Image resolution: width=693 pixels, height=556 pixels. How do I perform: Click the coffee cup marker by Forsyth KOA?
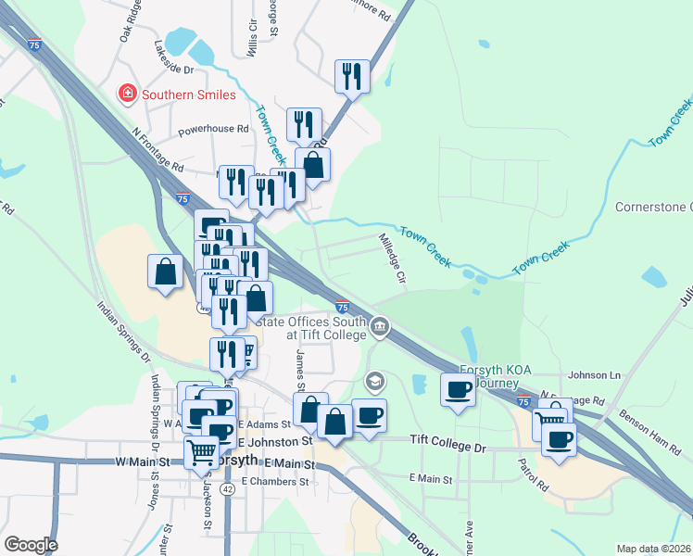pyautogui.click(x=457, y=390)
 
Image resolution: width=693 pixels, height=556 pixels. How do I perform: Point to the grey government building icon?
pyautogui.click(x=379, y=326)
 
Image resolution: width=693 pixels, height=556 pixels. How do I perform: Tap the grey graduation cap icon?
pyautogui.click(x=374, y=380)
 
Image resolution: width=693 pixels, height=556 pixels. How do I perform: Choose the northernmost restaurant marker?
pyautogui.click(x=352, y=76)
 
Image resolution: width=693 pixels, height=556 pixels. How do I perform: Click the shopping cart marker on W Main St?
pyautogui.click(x=201, y=453)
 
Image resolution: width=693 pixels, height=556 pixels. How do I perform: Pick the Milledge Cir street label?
pyautogui.click(x=393, y=257)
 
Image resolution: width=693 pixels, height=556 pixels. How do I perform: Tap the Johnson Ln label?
pyautogui.click(x=593, y=375)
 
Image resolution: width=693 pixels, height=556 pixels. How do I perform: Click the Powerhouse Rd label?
pyautogui.click(x=214, y=130)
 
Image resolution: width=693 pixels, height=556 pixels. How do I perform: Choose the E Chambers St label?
pyautogui.click(x=274, y=482)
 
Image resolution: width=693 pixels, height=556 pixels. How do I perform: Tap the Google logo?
pyautogui.click(x=30, y=545)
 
